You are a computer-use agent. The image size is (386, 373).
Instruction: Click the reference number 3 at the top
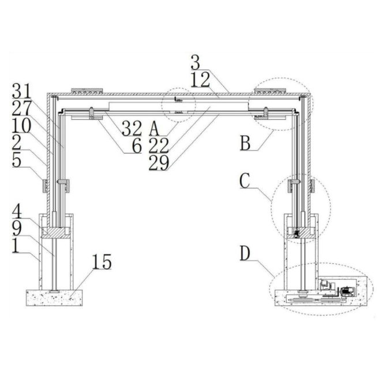tap(196, 62)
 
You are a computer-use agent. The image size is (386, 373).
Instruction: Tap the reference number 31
tap(22, 91)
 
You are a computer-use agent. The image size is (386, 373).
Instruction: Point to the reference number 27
tap(22, 108)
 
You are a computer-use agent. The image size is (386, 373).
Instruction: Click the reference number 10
tap(22, 126)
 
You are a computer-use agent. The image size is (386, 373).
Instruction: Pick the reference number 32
tap(132, 129)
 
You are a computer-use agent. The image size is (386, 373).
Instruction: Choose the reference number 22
tap(159, 146)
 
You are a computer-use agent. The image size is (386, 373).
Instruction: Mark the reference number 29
tap(159, 163)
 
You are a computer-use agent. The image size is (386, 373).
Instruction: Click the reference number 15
tap(102, 262)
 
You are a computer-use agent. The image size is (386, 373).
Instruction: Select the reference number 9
tap(17, 228)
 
